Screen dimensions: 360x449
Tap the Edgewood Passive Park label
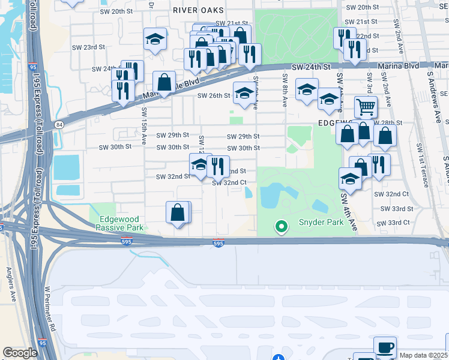(x=120, y=224)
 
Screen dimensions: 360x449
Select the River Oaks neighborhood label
(x=197, y=10)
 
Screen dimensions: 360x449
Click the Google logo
(x=20, y=353)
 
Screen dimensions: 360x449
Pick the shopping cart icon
(x=366, y=107)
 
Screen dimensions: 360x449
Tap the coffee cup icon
(x=385, y=347)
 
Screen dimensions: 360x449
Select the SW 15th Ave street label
(x=144, y=126)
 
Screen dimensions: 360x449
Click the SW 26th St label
(x=215, y=95)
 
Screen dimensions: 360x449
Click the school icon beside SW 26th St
(x=244, y=94)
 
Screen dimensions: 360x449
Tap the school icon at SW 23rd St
(x=155, y=40)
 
